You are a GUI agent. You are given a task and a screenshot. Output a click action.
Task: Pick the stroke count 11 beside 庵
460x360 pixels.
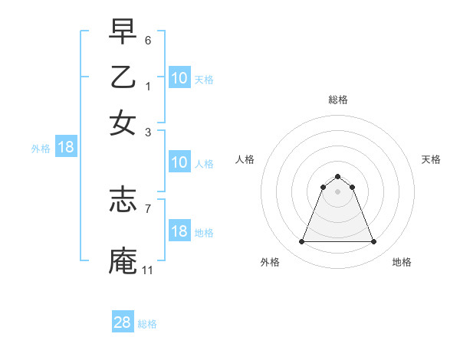pyautogui.click(x=148, y=270)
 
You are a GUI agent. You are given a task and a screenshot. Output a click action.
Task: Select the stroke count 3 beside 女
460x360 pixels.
pyautogui.click(x=148, y=132)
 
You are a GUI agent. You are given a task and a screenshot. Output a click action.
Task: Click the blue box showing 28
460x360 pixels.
pyautogui.click(x=123, y=322)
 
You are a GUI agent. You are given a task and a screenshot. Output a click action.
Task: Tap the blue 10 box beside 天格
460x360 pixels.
pyautogui.click(x=179, y=78)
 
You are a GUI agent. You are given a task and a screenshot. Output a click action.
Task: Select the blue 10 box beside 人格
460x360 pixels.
pyautogui.click(x=179, y=162)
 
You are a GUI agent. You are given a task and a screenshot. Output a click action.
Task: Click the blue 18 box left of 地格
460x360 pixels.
pyautogui.click(x=179, y=231)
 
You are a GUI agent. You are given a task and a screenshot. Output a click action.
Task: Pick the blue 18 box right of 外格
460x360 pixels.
pyautogui.click(x=66, y=148)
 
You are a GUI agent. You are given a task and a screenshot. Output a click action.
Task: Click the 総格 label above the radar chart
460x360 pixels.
pyautogui.click(x=337, y=100)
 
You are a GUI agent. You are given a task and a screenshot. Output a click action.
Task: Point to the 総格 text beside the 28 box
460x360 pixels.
pyautogui.click(x=147, y=324)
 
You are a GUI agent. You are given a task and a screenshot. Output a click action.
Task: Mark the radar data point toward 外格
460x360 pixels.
pyautogui.click(x=301, y=242)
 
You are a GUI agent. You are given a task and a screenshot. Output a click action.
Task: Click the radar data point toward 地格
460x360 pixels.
pyautogui.click(x=373, y=242)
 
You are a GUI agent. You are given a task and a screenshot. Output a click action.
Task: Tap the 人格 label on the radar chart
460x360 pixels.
pyautogui.click(x=245, y=159)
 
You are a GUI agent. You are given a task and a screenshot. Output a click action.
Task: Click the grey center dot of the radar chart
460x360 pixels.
pyautogui.click(x=337, y=191)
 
